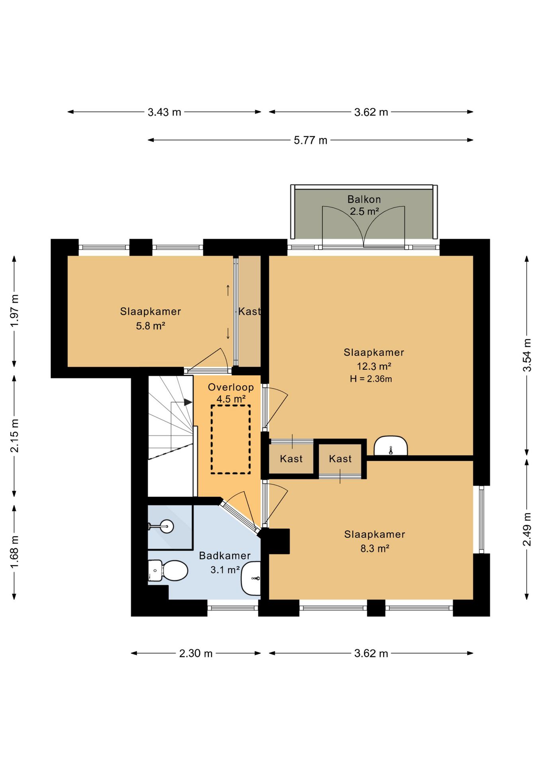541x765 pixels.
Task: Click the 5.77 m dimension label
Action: pos(310,140)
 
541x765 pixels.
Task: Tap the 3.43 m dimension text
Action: pos(164,112)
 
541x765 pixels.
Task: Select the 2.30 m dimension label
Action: pos(196,653)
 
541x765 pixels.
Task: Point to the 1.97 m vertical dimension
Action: pos(14,311)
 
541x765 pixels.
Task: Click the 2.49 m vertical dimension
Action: pos(527,530)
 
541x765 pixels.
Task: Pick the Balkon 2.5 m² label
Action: pos(364,205)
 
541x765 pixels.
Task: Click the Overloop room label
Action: pos(231,387)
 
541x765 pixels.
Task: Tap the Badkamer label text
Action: pos(225,555)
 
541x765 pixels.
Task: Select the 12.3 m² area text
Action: pos(374,366)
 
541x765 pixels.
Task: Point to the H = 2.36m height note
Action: pos(371,379)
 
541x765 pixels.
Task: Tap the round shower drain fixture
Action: pos(167,526)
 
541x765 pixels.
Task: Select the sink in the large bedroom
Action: pos(391,445)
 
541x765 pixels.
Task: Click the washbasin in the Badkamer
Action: pos(251,578)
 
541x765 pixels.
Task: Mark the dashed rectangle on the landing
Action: pos(231,439)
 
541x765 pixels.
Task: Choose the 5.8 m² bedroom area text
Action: pos(151,326)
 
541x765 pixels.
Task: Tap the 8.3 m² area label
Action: pos(374,549)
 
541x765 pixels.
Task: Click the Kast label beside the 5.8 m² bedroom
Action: pos(249,311)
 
